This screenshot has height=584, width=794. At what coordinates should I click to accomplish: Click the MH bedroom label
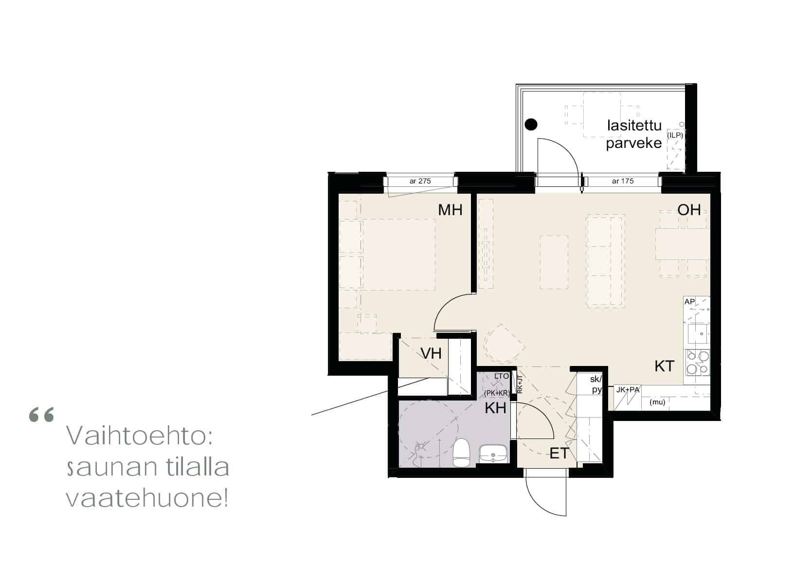[x=450, y=210]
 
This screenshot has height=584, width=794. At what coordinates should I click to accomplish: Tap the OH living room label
[x=689, y=210]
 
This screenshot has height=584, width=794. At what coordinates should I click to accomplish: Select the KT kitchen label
[x=664, y=366]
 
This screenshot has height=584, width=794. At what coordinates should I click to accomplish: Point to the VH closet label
[x=431, y=353]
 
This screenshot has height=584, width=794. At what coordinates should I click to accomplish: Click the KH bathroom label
[x=495, y=408]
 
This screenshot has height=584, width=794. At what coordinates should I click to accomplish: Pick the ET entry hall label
[x=559, y=453]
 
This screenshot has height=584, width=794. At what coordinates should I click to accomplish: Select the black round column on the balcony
[x=531, y=125]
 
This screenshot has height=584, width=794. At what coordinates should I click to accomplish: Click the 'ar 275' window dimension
[x=420, y=181]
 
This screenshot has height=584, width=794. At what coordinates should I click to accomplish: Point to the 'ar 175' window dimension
[x=622, y=181]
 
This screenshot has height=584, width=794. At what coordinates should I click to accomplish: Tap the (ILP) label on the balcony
[x=675, y=135]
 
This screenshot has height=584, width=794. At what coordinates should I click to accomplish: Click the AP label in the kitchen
[x=689, y=302]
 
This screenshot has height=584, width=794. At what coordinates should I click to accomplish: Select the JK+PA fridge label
[x=628, y=390]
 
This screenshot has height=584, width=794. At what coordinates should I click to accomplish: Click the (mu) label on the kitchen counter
[x=657, y=402]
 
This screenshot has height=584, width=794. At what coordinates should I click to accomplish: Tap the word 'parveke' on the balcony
[x=634, y=143]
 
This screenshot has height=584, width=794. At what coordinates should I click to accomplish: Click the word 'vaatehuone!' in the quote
[x=147, y=498]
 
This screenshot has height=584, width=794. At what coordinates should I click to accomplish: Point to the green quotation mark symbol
[x=41, y=415]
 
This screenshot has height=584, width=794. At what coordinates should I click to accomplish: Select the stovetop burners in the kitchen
[x=698, y=363]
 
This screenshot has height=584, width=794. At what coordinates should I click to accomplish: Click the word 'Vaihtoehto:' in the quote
[x=140, y=436]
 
